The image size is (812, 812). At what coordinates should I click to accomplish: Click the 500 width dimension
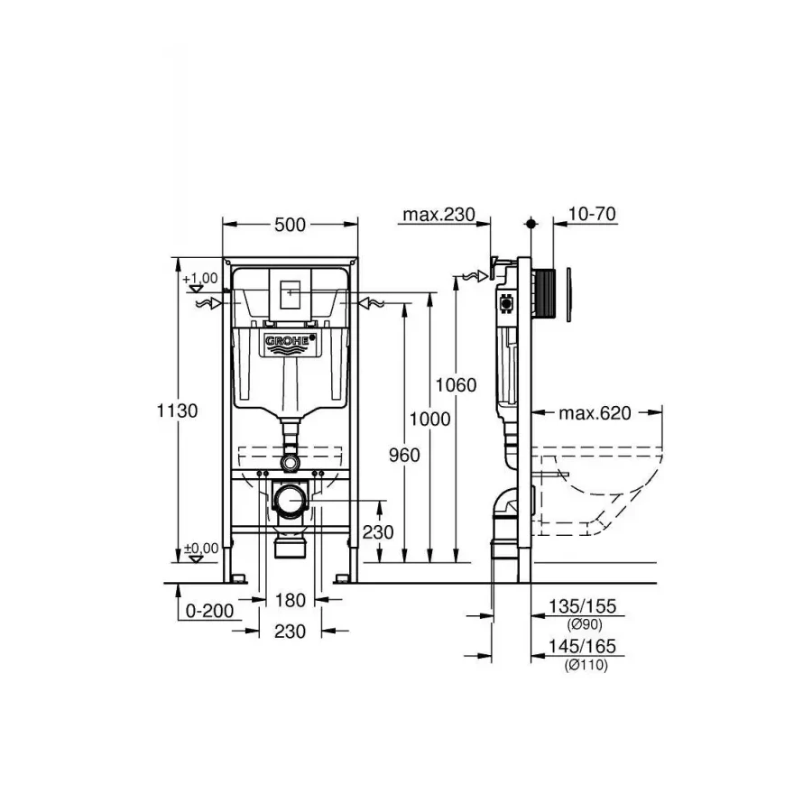click(290, 225)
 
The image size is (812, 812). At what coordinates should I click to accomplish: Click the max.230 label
click(438, 215)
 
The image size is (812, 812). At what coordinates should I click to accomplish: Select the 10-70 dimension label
click(593, 215)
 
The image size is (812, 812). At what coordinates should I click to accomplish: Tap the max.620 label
click(595, 413)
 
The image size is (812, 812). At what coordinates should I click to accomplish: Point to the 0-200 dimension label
click(209, 611)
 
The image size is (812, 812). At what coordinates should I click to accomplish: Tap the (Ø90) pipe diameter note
click(585, 624)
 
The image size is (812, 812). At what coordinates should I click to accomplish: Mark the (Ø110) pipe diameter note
click(586, 665)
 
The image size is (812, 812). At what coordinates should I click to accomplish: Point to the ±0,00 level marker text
click(200, 547)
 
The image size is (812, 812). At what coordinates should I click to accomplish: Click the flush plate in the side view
click(570, 296)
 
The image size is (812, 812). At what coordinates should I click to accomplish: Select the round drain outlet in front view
click(291, 500)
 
